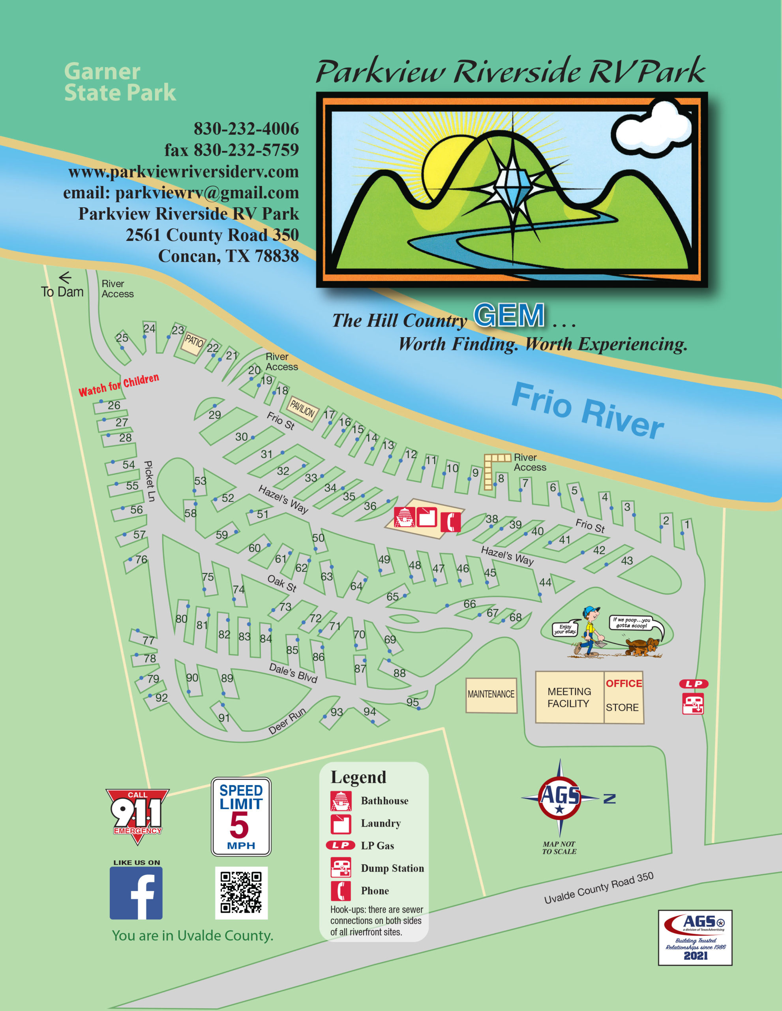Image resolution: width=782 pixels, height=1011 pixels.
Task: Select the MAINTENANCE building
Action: [491, 695]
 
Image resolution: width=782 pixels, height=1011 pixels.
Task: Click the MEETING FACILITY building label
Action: [569, 697]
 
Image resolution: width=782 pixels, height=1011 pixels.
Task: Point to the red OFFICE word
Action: [624, 683]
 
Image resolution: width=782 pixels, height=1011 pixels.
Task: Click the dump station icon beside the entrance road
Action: [693, 704]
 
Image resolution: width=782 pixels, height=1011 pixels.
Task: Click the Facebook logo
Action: [136, 893]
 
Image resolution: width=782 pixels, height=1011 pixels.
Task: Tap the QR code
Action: [241, 893]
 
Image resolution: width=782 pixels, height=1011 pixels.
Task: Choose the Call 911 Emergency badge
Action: [137, 815]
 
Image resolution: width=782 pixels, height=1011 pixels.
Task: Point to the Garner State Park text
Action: [120, 82]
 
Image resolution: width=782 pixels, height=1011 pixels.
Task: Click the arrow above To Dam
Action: [65, 277]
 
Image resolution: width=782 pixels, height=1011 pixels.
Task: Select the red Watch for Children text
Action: [118, 385]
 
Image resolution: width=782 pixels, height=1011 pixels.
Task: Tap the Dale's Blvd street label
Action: [293, 673]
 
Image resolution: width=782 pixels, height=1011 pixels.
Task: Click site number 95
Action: [412, 702]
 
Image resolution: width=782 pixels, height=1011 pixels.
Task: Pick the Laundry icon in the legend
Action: [341, 823]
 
